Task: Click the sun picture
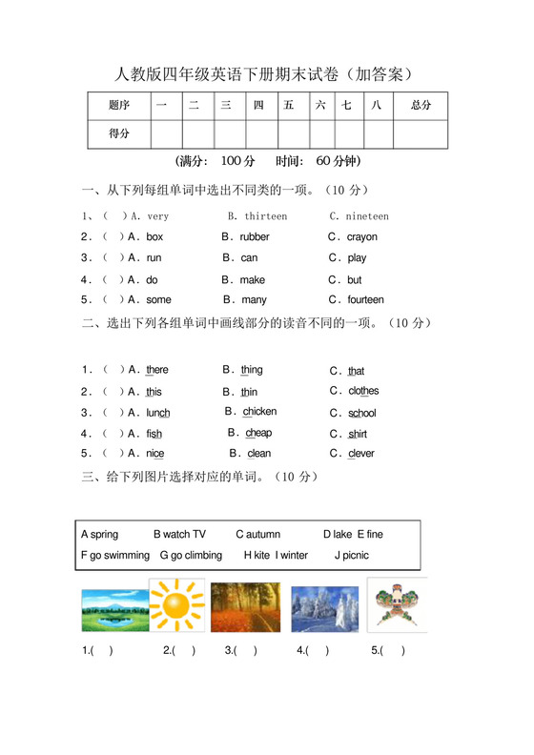[x=176, y=606]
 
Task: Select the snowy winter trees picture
[x=324, y=607]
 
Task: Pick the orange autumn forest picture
[x=245, y=607]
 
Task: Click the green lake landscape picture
[x=113, y=610]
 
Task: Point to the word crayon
[x=362, y=237]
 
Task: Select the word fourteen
[x=365, y=300]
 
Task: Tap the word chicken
[x=259, y=412]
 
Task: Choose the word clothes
[x=363, y=391]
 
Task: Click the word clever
[x=361, y=454]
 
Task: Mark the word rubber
[x=255, y=237]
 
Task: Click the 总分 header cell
[x=421, y=105]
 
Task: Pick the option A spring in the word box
[x=100, y=535]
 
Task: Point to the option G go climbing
[x=191, y=556]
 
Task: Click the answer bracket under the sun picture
[x=179, y=651]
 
